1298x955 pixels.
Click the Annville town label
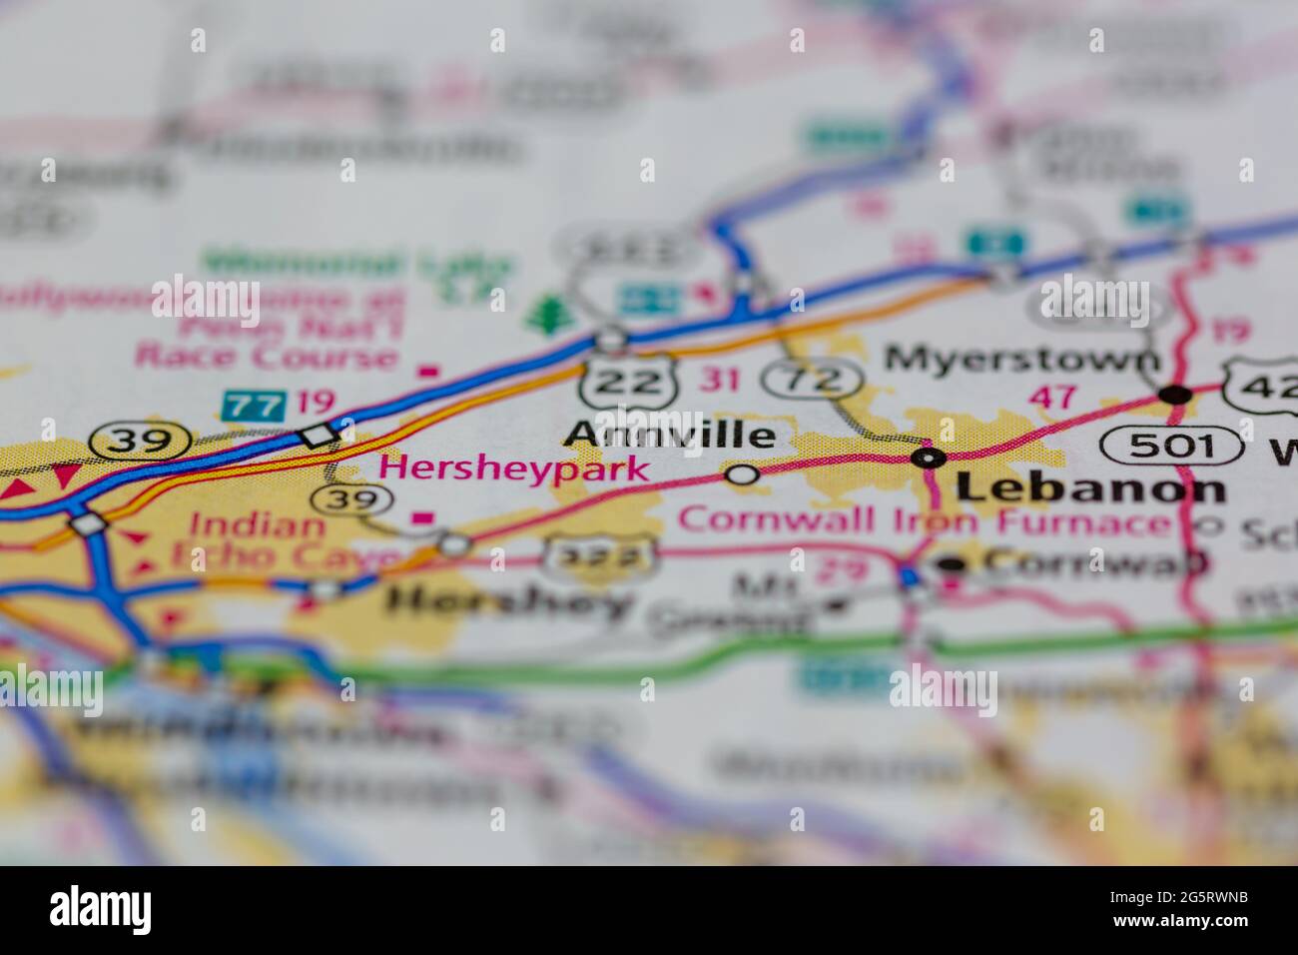[x=669, y=435]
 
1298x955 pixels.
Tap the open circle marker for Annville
[x=742, y=475]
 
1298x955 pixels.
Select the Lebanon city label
[x=1090, y=488]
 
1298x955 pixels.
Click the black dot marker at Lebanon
[x=930, y=458]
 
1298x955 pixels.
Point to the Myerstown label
[x=1022, y=358]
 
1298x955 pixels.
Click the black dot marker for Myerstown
[x=1177, y=394]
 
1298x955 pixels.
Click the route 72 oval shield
[x=813, y=379]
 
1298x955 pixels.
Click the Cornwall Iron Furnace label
[x=923, y=520]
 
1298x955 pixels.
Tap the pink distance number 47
[x=1053, y=397]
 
